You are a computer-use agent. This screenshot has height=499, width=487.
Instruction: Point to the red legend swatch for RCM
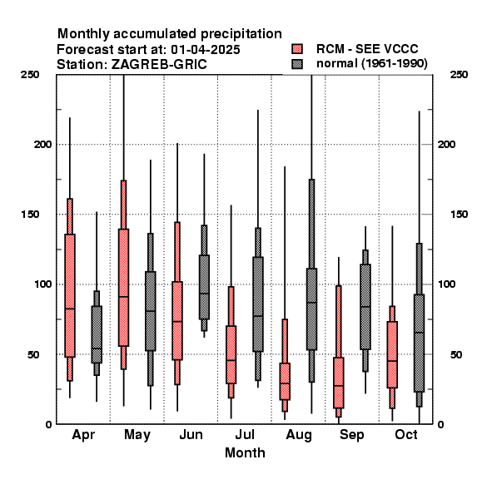tap(297, 49)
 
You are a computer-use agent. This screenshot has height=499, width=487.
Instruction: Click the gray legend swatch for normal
tap(297, 64)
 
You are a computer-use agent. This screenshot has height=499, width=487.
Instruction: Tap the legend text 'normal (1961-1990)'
tap(371, 64)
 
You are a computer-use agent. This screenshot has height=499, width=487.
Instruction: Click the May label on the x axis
tap(137, 435)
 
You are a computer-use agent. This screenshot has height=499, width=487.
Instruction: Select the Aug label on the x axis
tap(299, 435)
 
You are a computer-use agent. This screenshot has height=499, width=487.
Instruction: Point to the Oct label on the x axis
tap(406, 434)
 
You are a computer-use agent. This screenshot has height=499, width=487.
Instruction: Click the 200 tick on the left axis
tap(42, 144)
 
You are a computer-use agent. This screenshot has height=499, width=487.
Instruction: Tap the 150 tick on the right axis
tap(459, 215)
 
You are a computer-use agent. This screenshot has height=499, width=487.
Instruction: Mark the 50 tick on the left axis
tap(33, 354)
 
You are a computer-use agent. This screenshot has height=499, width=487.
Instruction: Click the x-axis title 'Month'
tap(245, 452)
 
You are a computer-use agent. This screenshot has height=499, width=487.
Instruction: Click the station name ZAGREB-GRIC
tap(159, 65)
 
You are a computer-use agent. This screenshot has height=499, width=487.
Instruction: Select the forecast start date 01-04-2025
tap(206, 50)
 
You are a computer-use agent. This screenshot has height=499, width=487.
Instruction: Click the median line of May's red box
tap(123, 297)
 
